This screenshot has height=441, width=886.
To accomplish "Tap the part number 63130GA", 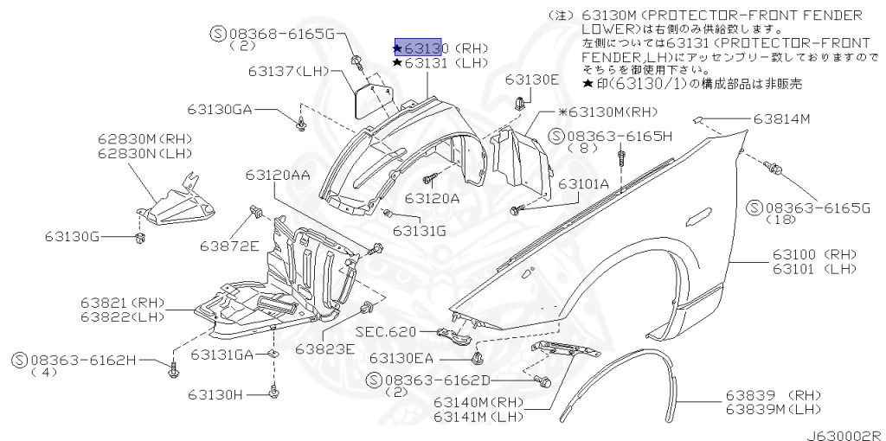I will click(220, 109).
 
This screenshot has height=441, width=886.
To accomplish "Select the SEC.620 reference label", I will click(385, 332).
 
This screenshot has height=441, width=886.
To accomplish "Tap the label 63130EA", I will click(407, 358).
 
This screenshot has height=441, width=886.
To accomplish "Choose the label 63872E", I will click(230, 246).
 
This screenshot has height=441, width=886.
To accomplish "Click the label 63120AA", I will click(277, 175).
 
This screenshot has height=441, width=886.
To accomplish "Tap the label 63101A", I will click(583, 183).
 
